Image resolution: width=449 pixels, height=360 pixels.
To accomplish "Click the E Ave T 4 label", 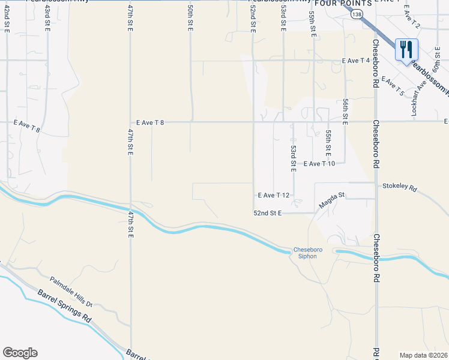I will coord(355,61).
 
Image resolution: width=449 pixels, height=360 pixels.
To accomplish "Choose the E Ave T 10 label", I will coord(323,163).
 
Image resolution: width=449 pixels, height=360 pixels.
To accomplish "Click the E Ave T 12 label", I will coord(274,196).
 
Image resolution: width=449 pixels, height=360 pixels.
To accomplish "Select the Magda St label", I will coord(333,199).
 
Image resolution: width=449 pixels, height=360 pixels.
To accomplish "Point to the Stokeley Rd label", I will coord(399,187).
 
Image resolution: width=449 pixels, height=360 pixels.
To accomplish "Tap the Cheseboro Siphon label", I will coord(304,253).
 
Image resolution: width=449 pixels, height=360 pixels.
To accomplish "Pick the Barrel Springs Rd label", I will coord(64,306).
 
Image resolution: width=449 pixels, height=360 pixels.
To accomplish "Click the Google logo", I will coord(20,353).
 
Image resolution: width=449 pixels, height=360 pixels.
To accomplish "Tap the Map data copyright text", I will coord(423,355).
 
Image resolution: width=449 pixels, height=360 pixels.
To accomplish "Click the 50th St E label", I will coord(190,18).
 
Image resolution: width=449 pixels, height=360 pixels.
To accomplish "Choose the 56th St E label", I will coord(345,112).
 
